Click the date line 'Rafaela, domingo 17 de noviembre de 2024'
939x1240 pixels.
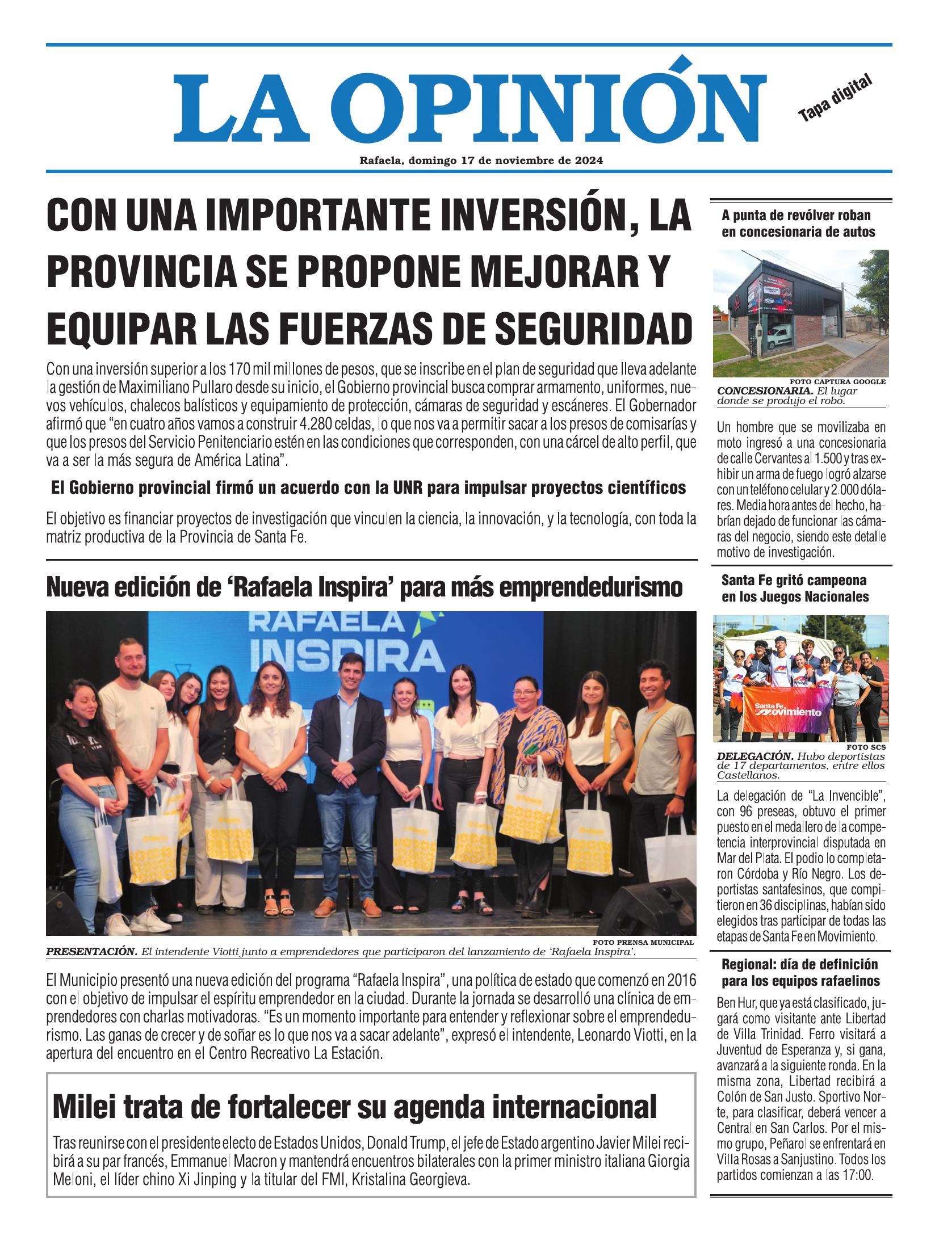point(480,161)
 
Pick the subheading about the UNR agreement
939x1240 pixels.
point(368,487)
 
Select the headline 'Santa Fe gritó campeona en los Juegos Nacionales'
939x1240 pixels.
point(795,589)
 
